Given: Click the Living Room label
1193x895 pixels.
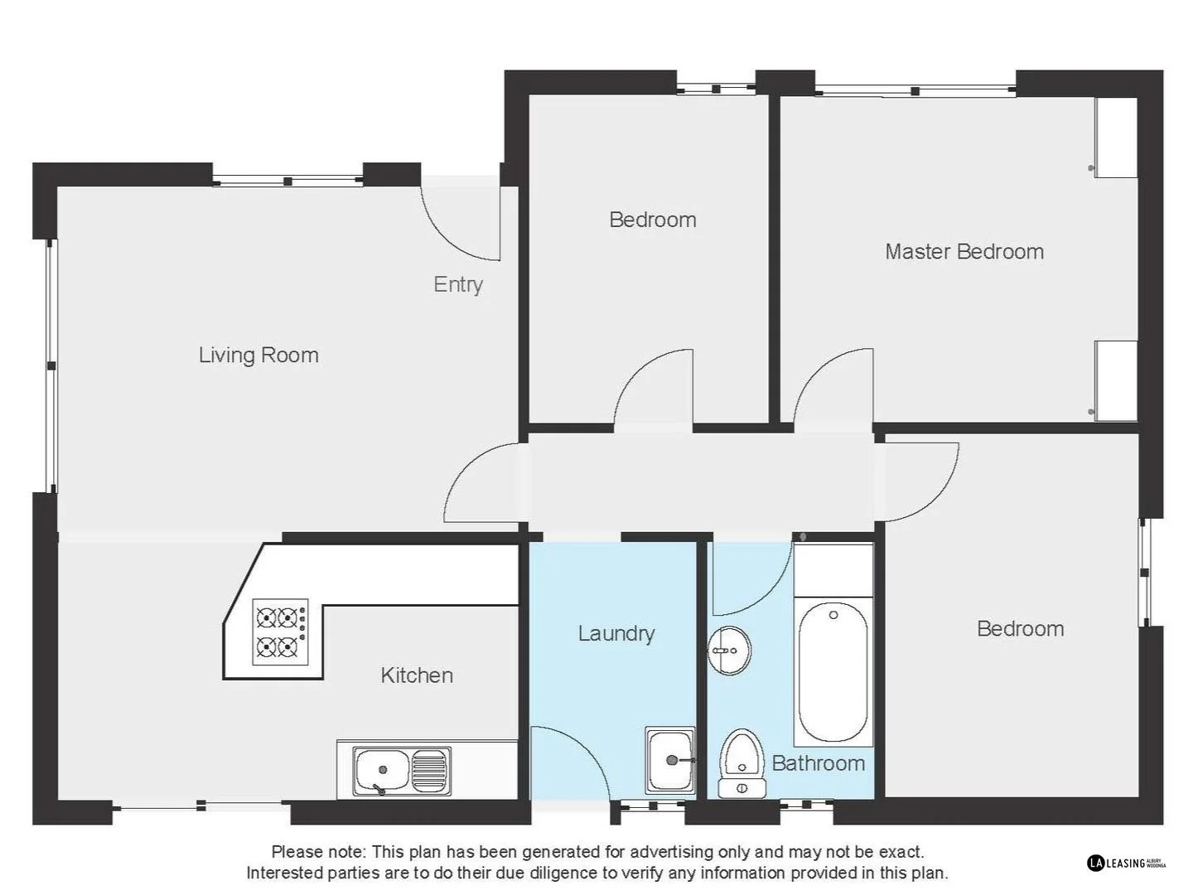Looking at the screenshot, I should click(x=258, y=356).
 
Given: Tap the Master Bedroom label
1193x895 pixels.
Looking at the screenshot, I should click(x=964, y=252).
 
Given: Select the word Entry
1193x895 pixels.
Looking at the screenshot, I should click(x=458, y=285).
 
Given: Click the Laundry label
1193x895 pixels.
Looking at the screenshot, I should click(x=616, y=634).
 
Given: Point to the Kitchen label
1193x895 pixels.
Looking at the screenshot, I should click(x=417, y=675).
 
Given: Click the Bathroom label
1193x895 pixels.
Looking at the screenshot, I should click(x=818, y=763).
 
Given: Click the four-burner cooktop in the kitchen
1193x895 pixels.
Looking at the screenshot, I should click(x=280, y=631).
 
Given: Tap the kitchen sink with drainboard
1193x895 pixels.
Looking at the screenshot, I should click(x=402, y=771).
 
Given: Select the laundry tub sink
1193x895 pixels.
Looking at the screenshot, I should click(x=669, y=760).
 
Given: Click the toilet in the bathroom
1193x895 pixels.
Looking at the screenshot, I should click(x=741, y=762).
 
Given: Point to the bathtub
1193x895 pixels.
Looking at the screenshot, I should click(x=833, y=671).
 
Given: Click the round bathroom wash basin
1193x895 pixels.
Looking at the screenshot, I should click(x=729, y=651).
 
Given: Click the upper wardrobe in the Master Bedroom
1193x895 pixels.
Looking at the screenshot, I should click(x=1116, y=138).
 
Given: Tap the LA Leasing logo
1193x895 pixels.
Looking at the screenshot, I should click(x=1126, y=863).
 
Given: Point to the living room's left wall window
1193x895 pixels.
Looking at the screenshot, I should click(x=51, y=365).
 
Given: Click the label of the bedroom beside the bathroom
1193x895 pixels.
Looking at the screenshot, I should click(x=1020, y=629).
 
